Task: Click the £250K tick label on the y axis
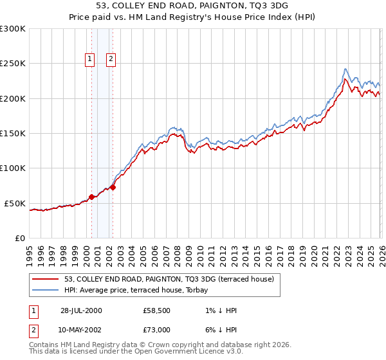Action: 13,64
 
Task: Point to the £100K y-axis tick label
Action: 13,168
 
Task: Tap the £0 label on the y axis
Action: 19,238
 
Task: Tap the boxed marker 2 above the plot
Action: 111,59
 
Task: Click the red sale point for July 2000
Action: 91,197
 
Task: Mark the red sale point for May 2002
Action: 113,187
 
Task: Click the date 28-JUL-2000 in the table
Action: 81,310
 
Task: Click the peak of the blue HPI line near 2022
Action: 345,69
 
